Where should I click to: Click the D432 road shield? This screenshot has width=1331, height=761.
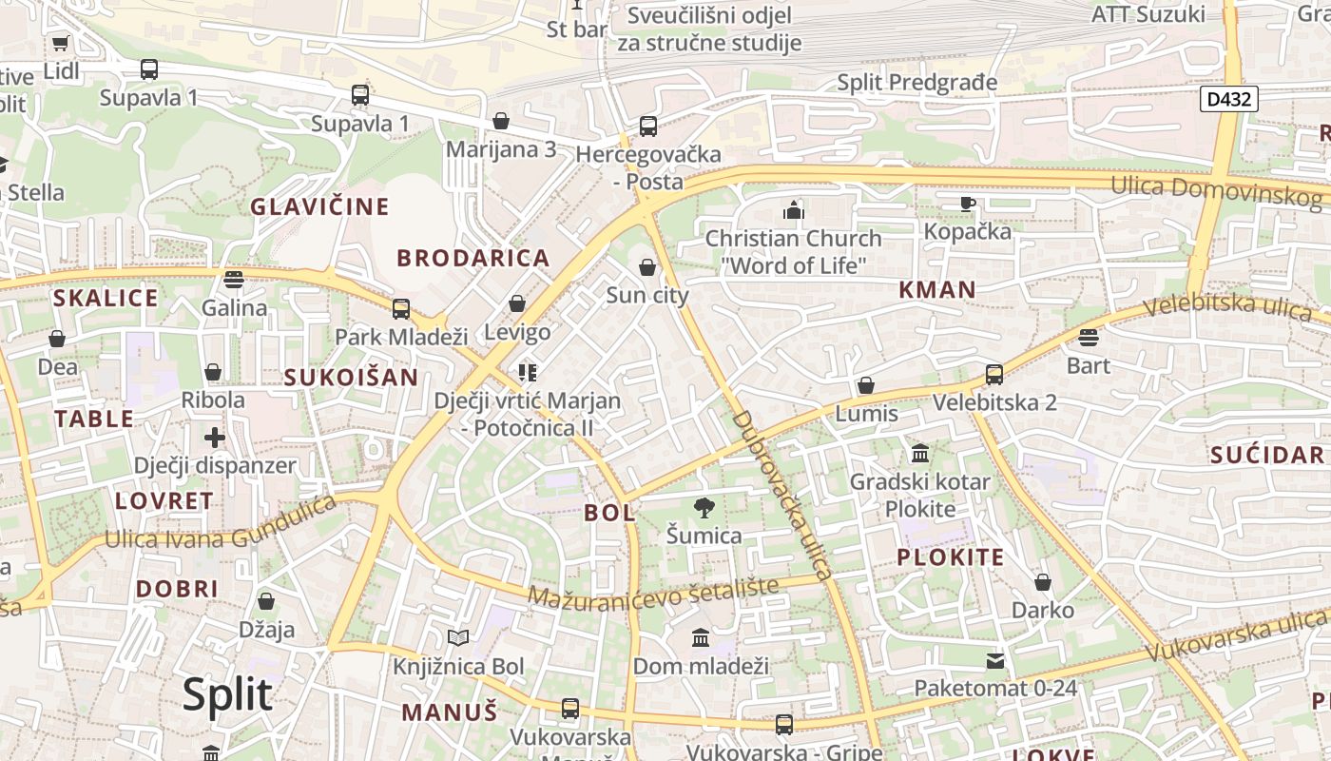1228,98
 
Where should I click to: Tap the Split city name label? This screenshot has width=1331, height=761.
227,694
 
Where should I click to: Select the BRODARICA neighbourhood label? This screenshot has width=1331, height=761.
473,258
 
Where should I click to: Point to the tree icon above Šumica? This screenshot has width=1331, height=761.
704,507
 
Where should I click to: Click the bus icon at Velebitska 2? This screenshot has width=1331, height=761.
994,374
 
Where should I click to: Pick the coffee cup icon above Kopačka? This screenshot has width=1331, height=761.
968,203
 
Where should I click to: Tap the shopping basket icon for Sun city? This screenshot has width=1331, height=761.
647,267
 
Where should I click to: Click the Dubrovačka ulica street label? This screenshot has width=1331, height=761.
781,495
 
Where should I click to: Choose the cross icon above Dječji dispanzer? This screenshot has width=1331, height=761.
215,438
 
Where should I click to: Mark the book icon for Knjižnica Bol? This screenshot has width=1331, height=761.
458,637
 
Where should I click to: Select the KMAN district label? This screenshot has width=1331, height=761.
937,290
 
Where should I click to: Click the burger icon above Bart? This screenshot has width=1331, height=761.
1089,337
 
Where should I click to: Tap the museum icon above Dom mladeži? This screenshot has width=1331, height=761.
701,636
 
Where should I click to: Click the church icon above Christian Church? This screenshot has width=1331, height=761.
794,209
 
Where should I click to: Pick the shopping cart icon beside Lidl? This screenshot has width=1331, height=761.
61,43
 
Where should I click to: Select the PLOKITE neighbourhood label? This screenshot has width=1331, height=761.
951,557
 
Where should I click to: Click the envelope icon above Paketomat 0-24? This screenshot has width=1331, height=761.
995,659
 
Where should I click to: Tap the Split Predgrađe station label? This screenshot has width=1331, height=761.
917,83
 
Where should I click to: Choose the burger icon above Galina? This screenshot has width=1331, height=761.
234,279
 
